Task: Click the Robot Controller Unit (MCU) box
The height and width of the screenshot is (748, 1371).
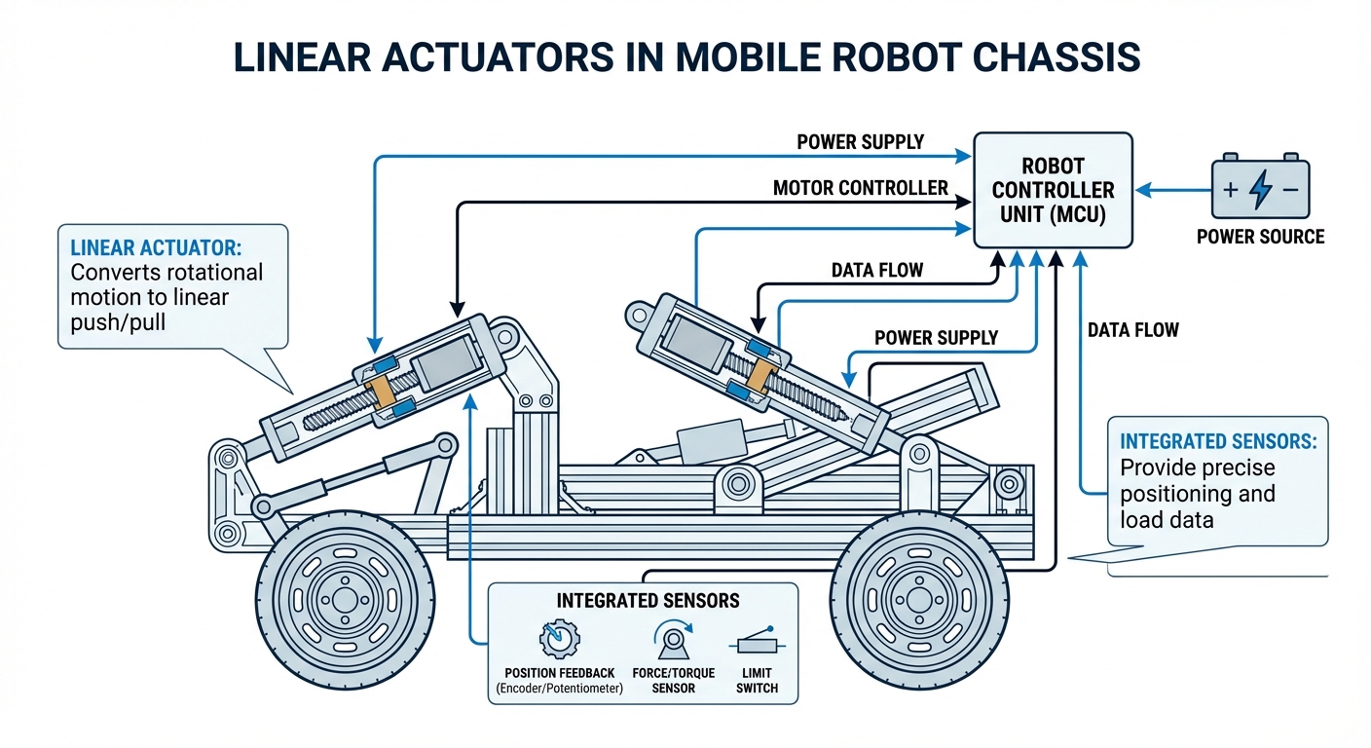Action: [x=1055, y=190]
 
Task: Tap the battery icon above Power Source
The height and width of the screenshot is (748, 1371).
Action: [x=1260, y=189]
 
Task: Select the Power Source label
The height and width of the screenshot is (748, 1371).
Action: [x=1260, y=236]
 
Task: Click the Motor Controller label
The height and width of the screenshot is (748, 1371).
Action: [x=860, y=187]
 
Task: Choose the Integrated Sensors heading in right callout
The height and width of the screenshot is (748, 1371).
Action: [x=1218, y=441]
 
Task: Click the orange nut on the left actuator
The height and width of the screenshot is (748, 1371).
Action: [x=382, y=391]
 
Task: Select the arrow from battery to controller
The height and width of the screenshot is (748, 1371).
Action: [x=1173, y=190]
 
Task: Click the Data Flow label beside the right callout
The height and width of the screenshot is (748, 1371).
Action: [x=1132, y=330]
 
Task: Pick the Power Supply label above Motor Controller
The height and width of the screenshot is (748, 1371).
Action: [x=860, y=142]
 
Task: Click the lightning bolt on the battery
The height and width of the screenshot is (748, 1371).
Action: [x=1260, y=190]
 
